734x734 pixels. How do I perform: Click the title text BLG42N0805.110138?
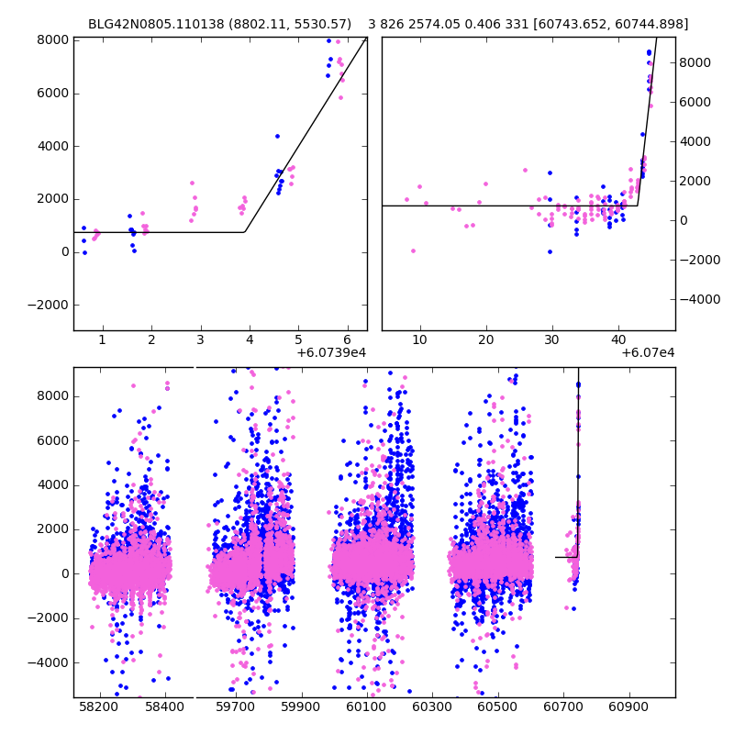(156, 24)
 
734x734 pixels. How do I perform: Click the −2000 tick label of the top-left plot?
(49, 305)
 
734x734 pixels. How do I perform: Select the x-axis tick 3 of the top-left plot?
(200, 339)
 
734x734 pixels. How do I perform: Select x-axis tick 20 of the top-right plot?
(486, 339)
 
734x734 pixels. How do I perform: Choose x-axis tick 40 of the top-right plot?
(617, 339)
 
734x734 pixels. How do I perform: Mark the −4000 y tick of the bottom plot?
(49, 662)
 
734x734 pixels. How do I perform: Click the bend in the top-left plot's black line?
(245, 232)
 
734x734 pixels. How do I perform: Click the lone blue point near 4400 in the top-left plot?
(277, 136)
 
